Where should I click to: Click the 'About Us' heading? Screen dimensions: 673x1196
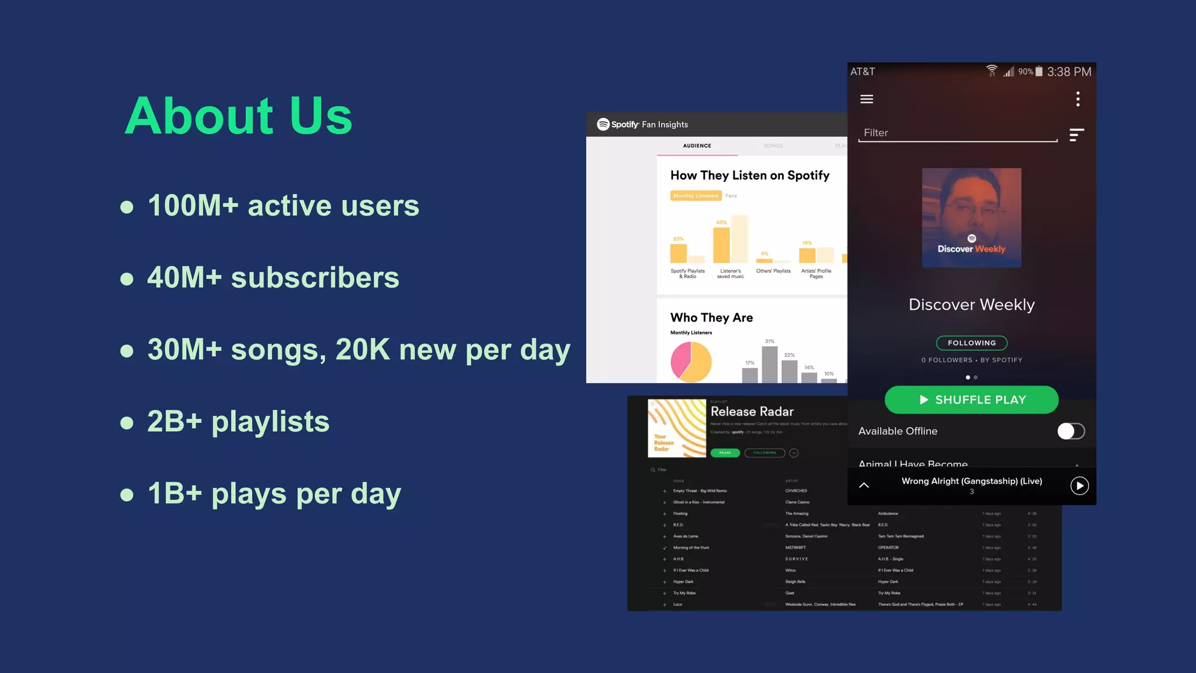pos(238,116)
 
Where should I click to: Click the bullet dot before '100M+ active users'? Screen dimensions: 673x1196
pos(127,207)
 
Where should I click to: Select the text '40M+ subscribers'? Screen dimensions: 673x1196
pos(273,277)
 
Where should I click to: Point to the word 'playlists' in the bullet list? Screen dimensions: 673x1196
pos(270,422)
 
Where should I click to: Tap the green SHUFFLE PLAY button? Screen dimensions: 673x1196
pos(971,400)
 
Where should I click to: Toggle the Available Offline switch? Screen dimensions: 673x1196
pos(1070,431)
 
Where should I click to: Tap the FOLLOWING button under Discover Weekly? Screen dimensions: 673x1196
pos(971,343)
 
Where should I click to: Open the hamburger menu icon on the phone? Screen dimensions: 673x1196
pos(867,99)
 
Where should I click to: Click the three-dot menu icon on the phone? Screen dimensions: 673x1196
pos(1077,99)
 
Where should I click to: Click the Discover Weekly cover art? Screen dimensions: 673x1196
pos(971,218)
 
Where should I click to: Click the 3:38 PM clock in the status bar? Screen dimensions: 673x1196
pos(1069,72)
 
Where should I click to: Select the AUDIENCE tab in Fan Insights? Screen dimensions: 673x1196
pos(697,146)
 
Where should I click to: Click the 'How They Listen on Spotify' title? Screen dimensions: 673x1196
pos(750,175)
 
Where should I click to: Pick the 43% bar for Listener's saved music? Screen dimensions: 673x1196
pos(721,245)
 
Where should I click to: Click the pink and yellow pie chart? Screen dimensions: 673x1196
pos(691,362)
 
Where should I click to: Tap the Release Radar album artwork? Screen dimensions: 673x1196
pos(677,428)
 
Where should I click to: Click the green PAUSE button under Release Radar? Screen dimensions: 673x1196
pos(725,453)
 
